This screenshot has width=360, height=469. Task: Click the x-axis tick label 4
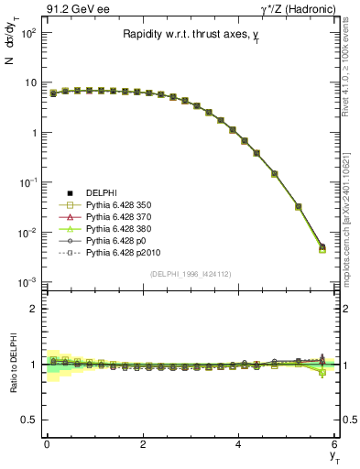click(x=239, y=445)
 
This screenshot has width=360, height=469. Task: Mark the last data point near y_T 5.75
click(x=322, y=247)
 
